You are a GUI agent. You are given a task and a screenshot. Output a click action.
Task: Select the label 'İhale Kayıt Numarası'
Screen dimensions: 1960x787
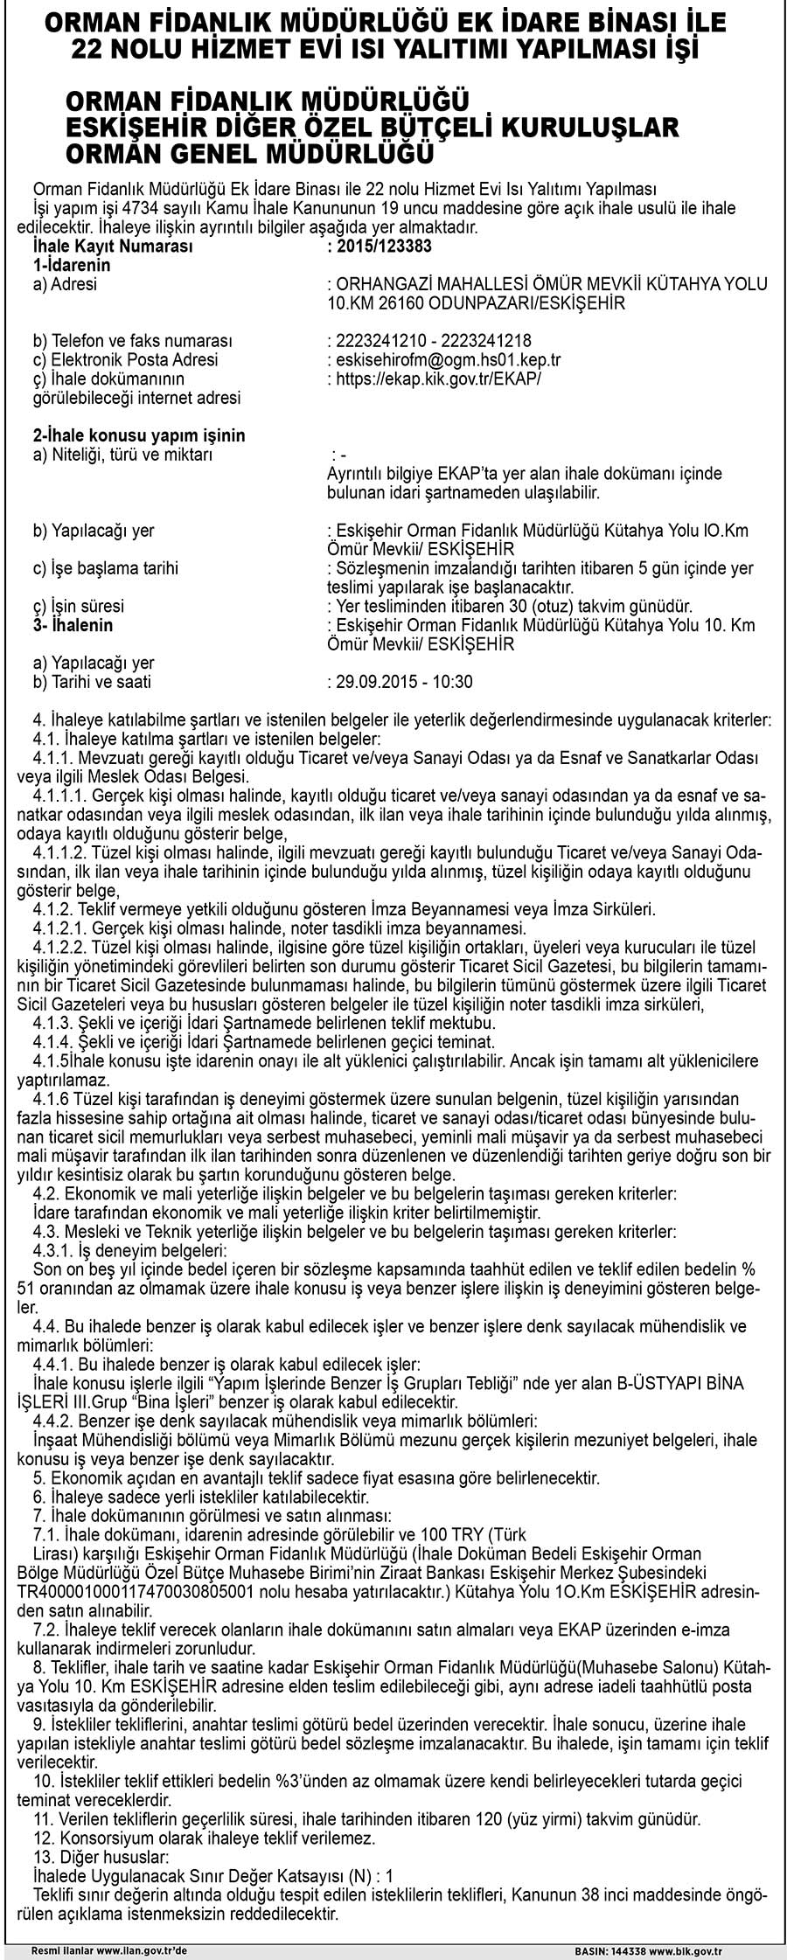[112, 247]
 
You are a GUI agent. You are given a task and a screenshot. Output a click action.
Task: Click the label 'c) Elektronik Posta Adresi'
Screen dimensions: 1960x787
[125, 359]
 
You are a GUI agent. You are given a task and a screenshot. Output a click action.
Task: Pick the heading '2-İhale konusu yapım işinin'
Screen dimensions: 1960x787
[139, 435]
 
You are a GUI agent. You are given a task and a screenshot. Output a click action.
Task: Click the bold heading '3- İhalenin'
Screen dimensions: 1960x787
[73, 625]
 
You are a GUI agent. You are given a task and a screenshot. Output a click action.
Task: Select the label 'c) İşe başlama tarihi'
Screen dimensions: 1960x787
[106, 568]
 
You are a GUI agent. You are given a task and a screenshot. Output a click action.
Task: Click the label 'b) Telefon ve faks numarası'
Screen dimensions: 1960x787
[131, 340]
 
